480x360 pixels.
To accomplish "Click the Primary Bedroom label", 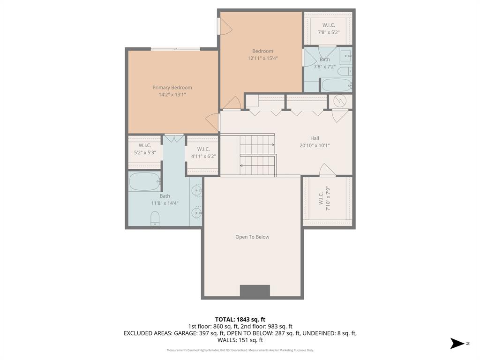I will click(x=172, y=88).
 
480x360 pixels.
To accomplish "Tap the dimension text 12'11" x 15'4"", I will click(x=262, y=59).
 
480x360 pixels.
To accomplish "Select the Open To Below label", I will click(x=252, y=237).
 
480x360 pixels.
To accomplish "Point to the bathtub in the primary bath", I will click(x=145, y=181).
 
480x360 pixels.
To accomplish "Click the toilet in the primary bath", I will click(x=155, y=218).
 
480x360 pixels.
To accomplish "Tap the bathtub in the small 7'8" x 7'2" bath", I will click(x=336, y=85).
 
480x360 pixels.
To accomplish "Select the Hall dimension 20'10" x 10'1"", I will click(x=315, y=145).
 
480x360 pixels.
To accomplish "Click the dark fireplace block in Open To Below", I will click(x=255, y=291).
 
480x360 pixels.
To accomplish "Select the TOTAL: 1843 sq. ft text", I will click(x=240, y=319).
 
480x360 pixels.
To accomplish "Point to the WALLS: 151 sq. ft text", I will click(x=240, y=340).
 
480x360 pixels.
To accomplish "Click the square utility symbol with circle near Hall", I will click(x=341, y=101).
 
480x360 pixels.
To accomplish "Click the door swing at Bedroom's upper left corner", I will click(x=225, y=27).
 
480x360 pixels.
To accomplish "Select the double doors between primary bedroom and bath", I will click(x=174, y=138).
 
